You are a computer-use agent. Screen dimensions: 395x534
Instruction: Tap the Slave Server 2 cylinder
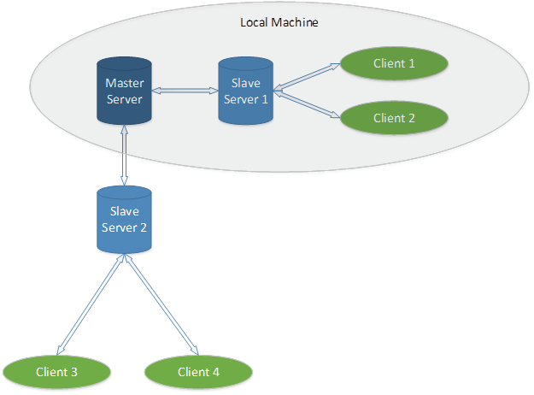(123, 220)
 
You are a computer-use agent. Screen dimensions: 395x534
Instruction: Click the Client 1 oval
(394, 63)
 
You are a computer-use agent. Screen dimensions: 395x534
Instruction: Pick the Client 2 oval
(394, 117)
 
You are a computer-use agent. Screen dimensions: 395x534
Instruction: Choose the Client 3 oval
(57, 371)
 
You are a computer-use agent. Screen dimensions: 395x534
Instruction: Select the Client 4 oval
(199, 371)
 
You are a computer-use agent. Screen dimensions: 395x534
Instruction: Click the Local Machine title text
(279, 22)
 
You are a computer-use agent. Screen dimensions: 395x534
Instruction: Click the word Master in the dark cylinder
(123, 83)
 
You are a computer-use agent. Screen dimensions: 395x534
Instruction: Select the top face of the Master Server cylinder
(123, 64)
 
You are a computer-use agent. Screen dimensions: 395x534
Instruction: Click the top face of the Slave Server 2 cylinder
(123, 193)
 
